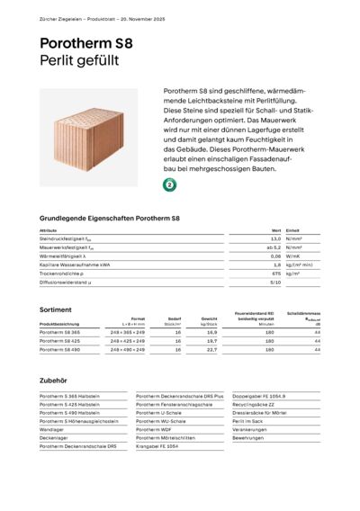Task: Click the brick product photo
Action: [89, 138]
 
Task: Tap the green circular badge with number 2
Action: [170, 184]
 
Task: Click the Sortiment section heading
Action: [57, 309]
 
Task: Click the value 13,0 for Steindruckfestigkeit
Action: [275, 239]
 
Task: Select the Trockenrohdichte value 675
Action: [276, 273]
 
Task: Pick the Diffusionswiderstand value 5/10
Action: [275, 282]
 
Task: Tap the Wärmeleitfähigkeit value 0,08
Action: [275, 255]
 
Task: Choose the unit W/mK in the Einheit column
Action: [292, 255]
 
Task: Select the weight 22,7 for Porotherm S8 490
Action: [212, 350]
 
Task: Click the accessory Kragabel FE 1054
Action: [159, 445]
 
